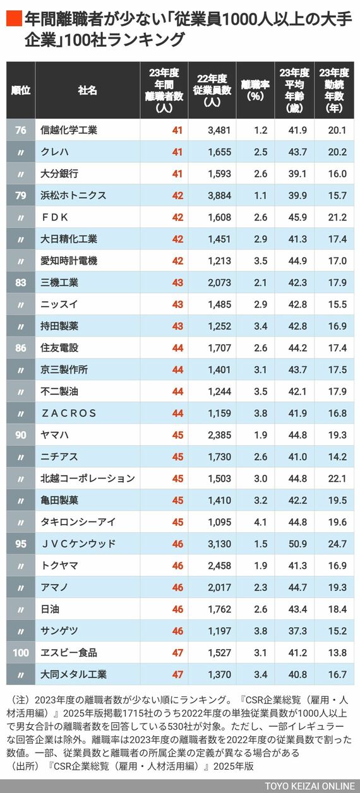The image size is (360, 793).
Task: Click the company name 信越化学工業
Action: pos(69,130)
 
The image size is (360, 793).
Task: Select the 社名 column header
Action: pos(87,90)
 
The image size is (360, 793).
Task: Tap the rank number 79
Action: pos(21,196)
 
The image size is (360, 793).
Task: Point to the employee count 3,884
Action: pos(219,196)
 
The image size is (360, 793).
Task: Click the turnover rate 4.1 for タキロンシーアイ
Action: pos(261,522)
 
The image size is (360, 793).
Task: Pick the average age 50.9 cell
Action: pos(297,544)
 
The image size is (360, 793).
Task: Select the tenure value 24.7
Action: pos(337,544)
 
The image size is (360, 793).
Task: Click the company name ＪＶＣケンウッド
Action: pos(78,544)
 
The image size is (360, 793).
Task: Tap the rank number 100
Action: pos(21,652)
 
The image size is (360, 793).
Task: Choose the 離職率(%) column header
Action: pos(255,90)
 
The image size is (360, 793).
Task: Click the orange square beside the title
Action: pos(14,19)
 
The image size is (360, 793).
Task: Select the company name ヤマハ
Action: pos(54,435)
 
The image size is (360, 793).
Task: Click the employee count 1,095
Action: pos(219,522)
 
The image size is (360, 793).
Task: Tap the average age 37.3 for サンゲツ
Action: pos(297,631)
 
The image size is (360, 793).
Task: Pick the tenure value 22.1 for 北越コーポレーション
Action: pos(337,479)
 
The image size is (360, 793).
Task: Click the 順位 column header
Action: pos(21,90)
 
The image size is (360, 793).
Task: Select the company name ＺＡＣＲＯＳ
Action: pos(69,413)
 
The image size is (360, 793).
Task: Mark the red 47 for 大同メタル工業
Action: pos(177,674)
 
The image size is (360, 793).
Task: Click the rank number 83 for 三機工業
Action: pos(21,282)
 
